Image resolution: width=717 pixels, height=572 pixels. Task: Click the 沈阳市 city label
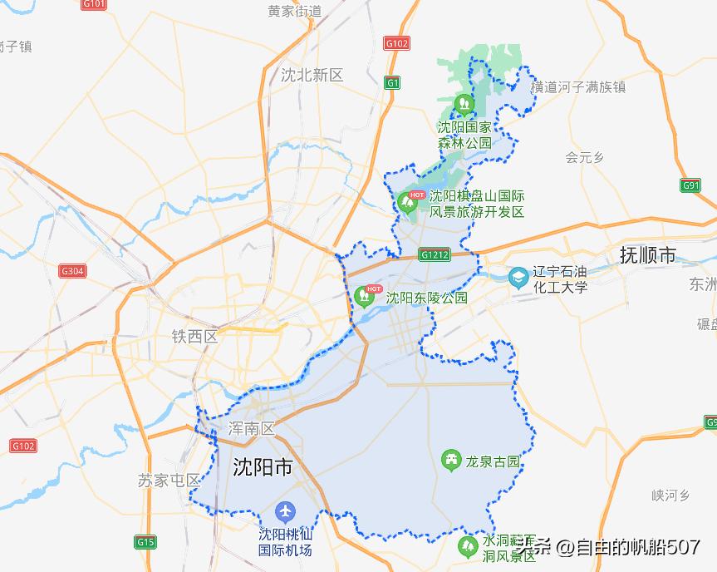tap(262, 467)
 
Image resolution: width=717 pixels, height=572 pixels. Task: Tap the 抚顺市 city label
tap(648, 254)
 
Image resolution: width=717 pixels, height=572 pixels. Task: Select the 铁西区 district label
tap(194, 337)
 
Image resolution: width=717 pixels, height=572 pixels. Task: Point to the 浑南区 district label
tap(251, 429)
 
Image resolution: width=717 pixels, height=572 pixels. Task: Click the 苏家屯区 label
tap(170, 481)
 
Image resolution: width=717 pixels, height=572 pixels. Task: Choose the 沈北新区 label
tap(312, 75)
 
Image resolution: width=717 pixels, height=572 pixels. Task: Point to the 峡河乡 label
tap(671, 496)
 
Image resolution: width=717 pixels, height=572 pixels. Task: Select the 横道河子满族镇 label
tap(578, 86)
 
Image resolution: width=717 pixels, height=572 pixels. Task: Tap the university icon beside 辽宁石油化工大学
tap(518, 275)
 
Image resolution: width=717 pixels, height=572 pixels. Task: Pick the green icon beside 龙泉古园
tap(451, 460)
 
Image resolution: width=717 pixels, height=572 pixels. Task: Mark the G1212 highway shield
tap(435, 254)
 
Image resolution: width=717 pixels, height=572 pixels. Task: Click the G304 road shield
tap(72, 271)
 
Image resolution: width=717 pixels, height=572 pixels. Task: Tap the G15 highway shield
tap(145, 542)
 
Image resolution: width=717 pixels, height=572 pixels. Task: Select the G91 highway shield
tap(691, 185)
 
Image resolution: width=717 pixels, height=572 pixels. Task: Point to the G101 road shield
tap(95, 4)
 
